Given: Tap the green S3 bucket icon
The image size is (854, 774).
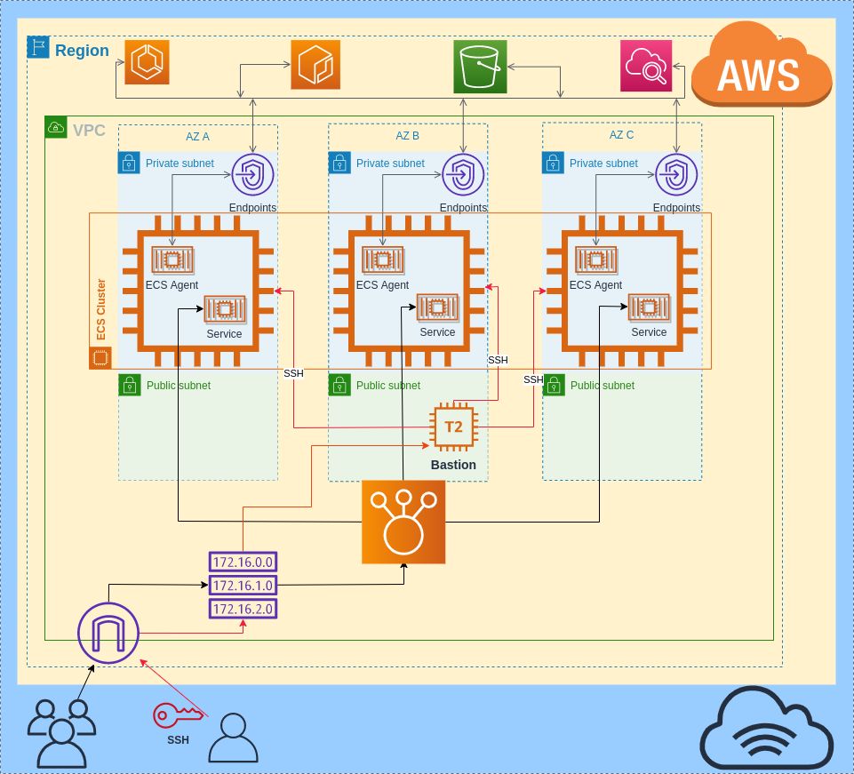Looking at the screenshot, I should (x=480, y=66).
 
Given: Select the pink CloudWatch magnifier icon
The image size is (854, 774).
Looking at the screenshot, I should (x=646, y=66).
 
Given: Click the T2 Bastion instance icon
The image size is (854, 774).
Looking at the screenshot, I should (x=453, y=427).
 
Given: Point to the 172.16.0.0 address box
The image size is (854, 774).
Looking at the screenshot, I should (x=243, y=562).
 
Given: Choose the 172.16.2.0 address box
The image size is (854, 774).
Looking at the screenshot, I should (x=243, y=609).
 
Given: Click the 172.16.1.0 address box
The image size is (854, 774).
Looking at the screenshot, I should (x=243, y=586).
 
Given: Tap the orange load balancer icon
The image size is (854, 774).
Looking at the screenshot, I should (x=403, y=523).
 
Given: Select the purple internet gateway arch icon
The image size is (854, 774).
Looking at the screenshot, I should (x=108, y=633).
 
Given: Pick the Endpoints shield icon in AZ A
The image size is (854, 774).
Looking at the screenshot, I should (x=252, y=175).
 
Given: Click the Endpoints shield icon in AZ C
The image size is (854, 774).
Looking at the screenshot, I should (x=676, y=175).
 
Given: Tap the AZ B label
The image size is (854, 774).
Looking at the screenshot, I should (x=407, y=136).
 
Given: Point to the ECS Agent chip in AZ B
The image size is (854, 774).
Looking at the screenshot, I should (x=382, y=259).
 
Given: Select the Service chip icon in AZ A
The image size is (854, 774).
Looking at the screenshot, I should (x=224, y=308).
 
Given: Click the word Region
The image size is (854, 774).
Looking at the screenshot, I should (x=82, y=51).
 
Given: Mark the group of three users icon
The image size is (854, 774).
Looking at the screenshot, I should (x=61, y=733).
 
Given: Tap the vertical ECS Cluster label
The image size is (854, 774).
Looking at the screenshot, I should (x=101, y=309).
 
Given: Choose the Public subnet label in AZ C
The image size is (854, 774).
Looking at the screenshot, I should (x=602, y=386).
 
